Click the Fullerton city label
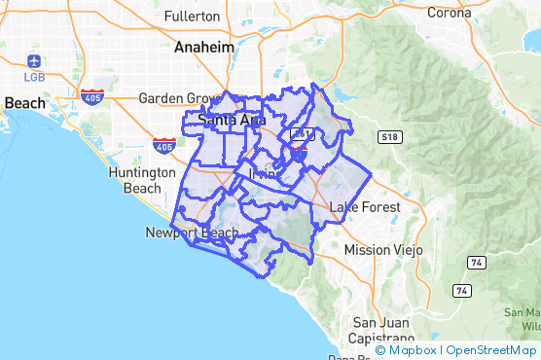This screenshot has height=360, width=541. (x=193, y=17)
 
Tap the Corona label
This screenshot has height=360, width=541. (x=450, y=13)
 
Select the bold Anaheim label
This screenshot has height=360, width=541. (x=203, y=47)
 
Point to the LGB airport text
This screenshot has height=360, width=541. (x=34, y=76)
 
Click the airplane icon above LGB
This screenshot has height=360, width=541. (x=34, y=61)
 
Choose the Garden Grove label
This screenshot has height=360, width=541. (x=176, y=98)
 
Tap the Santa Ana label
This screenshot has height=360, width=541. (x=231, y=120)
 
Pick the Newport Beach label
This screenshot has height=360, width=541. (x=191, y=233)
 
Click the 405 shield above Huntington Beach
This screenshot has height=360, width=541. (x=164, y=146)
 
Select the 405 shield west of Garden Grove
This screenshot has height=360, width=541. (x=92, y=97)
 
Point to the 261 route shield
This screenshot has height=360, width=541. (x=304, y=133)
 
